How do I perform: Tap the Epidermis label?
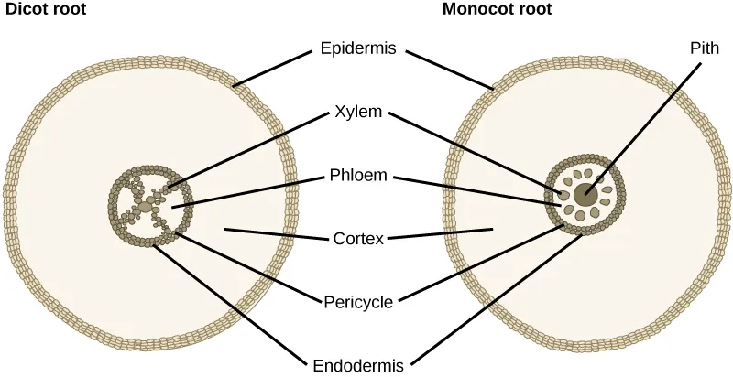tap(358, 48)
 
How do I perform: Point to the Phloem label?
tap(358, 175)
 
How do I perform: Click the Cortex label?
tap(358, 240)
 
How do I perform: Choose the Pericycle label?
tap(358, 301)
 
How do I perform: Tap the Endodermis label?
tap(358, 365)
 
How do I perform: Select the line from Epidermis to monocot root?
tap(449, 70)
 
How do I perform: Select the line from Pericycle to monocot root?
tap(476, 266)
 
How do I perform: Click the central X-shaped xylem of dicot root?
tap(149, 197)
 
